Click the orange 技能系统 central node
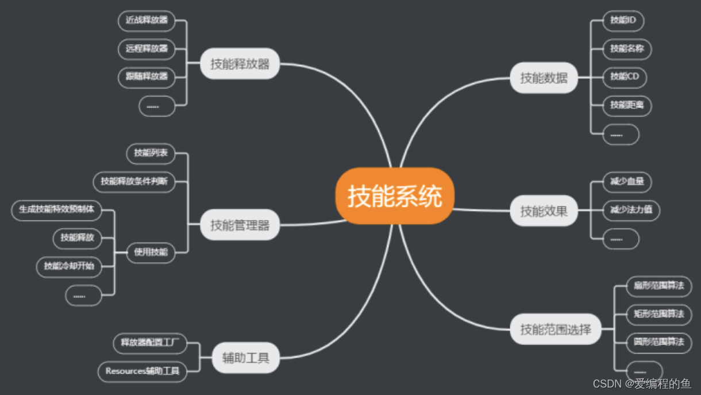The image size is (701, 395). [x=395, y=196]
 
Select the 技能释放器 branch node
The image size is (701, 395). [x=240, y=64]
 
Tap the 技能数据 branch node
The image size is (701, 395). [x=544, y=78]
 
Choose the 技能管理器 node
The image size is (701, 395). [x=240, y=225]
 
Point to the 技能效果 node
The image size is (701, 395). [x=544, y=211]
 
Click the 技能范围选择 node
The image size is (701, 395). [x=556, y=329]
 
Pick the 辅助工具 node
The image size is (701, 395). [x=245, y=358]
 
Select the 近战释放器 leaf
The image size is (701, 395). [x=147, y=21]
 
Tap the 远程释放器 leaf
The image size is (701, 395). [x=147, y=48]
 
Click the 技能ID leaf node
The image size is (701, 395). [x=623, y=21]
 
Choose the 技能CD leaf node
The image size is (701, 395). [x=624, y=76]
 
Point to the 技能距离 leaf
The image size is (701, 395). [x=627, y=105]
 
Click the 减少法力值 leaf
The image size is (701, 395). [x=631, y=210]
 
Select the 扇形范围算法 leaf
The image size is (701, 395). [x=658, y=286]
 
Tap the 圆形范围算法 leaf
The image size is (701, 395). [x=658, y=342]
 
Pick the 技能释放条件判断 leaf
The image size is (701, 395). [x=134, y=182]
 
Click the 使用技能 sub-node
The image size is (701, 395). [x=151, y=252]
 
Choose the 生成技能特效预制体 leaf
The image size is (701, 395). [x=56, y=210]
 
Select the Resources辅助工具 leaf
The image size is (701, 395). [x=142, y=371]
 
